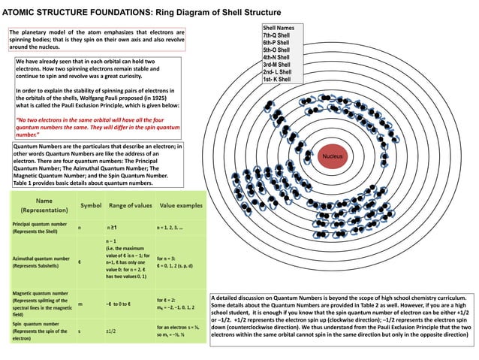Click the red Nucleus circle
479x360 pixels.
[x=334, y=156]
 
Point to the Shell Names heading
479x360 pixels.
[x=278, y=28]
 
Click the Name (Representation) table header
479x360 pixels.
[x=41, y=205]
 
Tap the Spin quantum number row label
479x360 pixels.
[x=38, y=331]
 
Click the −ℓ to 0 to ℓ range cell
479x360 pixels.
[x=122, y=303]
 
